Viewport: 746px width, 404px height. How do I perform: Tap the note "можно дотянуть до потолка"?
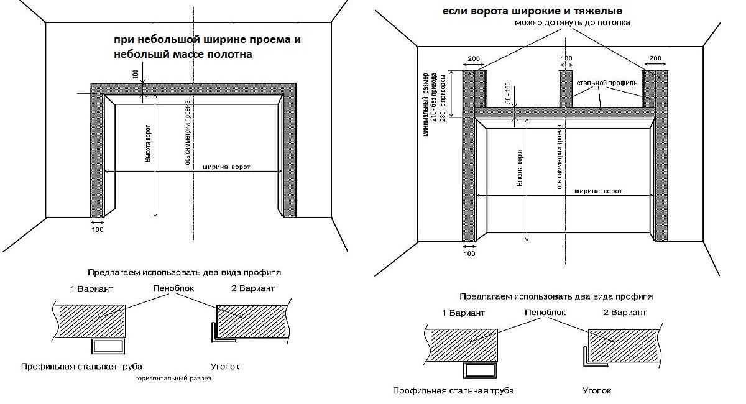[572, 22]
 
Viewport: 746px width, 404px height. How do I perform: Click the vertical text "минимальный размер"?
[425, 102]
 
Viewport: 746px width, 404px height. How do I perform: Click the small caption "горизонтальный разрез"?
[173, 377]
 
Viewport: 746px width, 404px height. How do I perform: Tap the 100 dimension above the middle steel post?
[566, 58]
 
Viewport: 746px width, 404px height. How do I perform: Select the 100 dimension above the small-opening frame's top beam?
[136, 73]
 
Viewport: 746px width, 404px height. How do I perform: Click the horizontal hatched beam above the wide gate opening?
[565, 112]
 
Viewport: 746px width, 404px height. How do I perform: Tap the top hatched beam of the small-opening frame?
[193, 88]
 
